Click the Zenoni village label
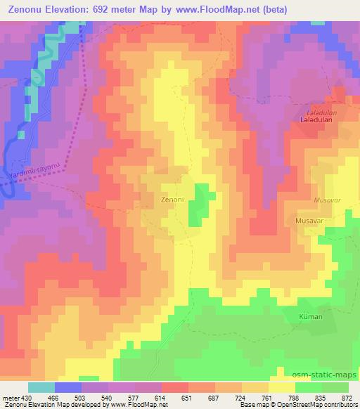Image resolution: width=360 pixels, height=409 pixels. (x=172, y=200)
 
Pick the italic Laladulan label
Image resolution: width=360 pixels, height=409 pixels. (x=323, y=111)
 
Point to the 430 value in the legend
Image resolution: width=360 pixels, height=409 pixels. (x=27, y=396)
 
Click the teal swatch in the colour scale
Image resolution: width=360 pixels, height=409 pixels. (x=41, y=387)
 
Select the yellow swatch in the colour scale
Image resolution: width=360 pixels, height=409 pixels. (x=281, y=387)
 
